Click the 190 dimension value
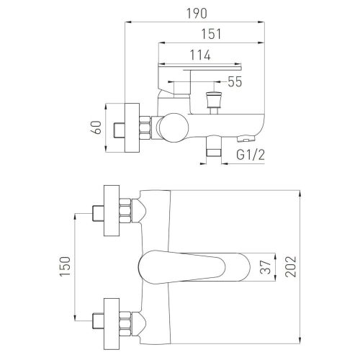pos(197,14)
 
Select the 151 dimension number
pos(211,34)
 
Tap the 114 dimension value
pos(200,55)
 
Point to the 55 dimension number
pos(235,81)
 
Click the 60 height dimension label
pos(97,127)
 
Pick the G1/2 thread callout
pos(251,155)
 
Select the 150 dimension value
pos(65,266)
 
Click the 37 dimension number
pos(266,267)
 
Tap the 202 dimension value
pos(291,267)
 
